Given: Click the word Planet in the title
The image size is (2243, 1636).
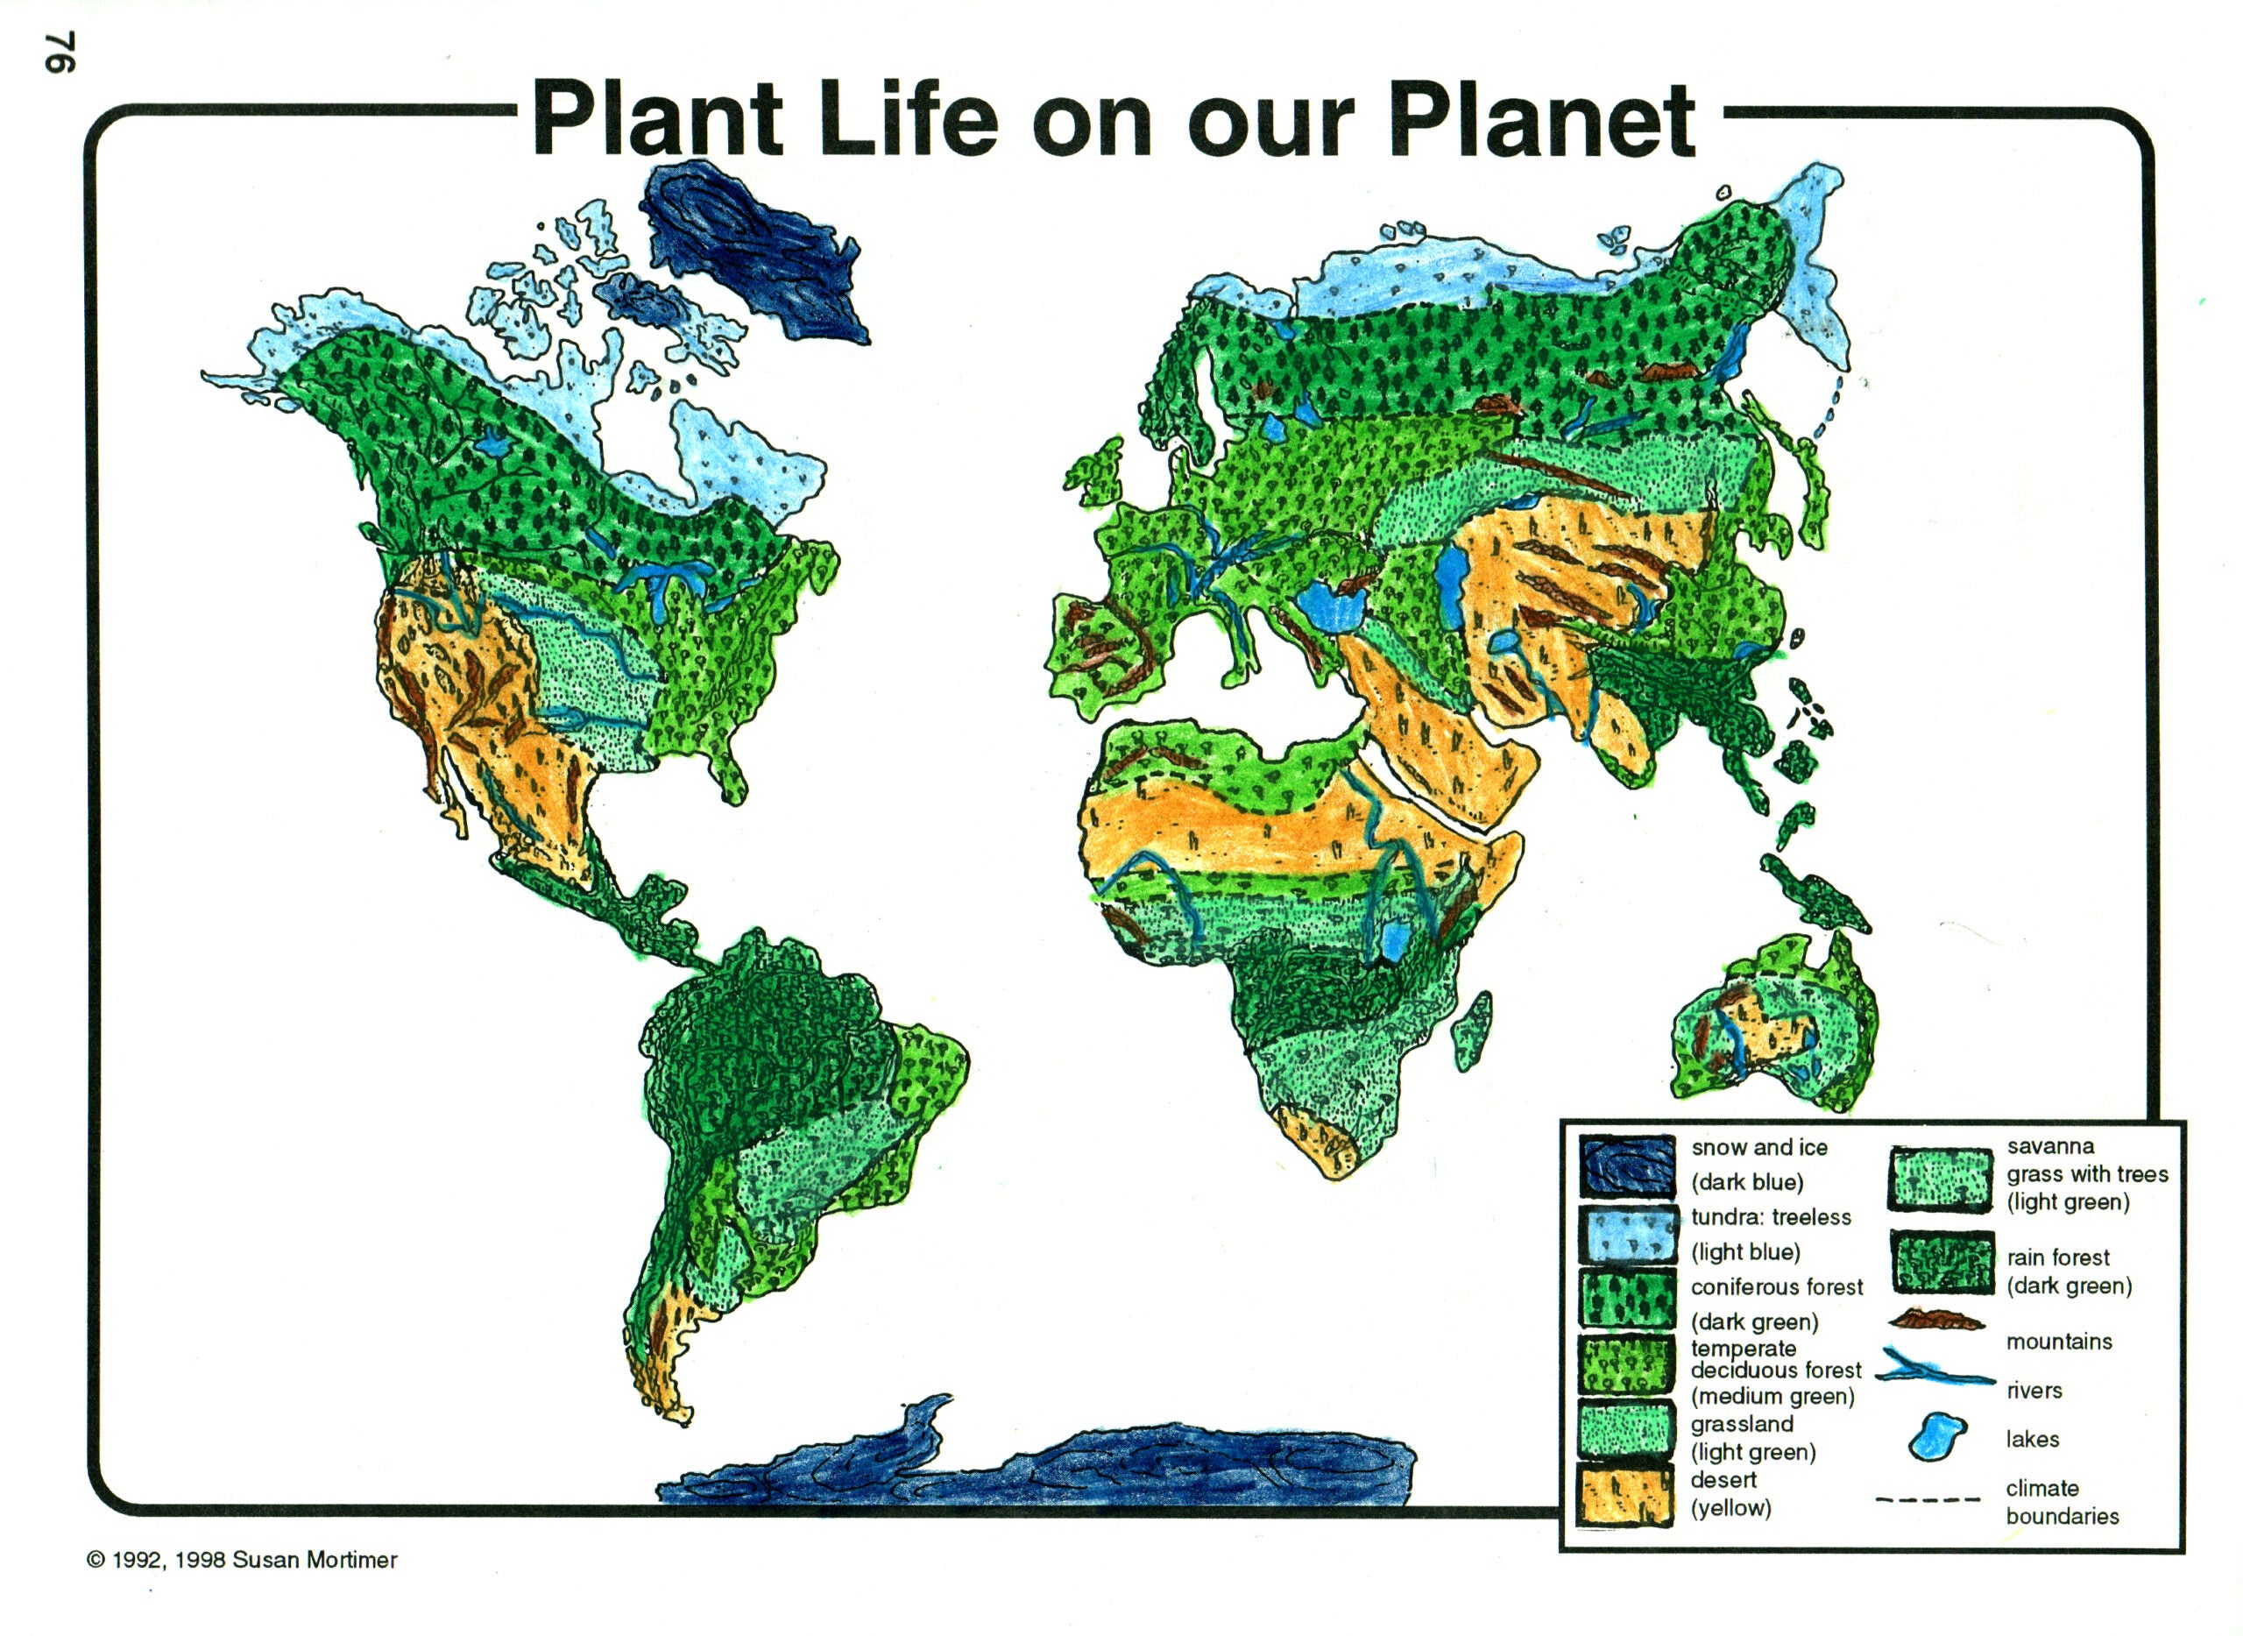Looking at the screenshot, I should [1541, 121].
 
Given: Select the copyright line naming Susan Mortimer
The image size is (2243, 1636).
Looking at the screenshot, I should [242, 1560].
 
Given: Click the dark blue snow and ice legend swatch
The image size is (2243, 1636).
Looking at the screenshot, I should [1627, 1165].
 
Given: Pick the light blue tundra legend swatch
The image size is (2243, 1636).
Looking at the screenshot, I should [1627, 1234].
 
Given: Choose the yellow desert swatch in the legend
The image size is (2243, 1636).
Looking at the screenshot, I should [1625, 1497].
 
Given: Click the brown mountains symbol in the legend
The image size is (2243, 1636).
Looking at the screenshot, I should [1936, 1320].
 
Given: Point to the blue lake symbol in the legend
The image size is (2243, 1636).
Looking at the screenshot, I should [1936, 1437].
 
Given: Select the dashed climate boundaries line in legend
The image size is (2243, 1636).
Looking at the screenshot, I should [1927, 1500].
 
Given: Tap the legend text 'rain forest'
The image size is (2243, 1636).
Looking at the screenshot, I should [2058, 1257].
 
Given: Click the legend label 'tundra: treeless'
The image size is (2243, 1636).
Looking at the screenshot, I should [1771, 1217].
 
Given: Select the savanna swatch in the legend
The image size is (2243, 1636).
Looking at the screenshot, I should [1941, 1179].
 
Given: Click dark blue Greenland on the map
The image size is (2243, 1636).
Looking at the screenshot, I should [758, 258].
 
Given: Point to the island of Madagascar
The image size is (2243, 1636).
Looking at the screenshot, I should [1473, 1030].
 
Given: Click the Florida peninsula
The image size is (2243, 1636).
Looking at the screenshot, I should [732, 773].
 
